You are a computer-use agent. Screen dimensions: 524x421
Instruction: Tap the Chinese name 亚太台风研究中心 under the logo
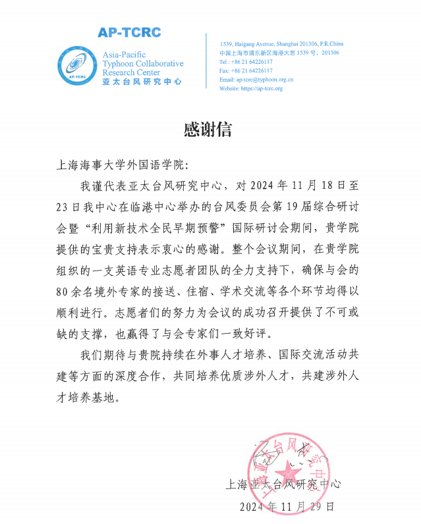[142, 82]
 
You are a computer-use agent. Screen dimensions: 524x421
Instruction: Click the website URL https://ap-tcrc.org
[250, 88]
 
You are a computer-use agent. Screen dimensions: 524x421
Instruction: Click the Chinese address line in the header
[279, 52]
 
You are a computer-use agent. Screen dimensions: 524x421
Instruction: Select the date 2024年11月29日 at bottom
[287, 507]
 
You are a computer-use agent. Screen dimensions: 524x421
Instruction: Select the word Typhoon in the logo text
[119, 64]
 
